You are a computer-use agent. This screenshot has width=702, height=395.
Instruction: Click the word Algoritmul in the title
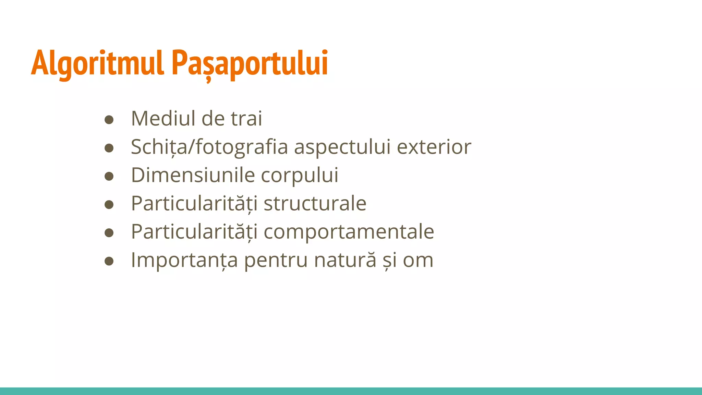97,63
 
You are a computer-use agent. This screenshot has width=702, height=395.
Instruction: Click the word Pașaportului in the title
250,63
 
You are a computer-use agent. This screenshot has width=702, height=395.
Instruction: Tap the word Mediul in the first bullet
163,119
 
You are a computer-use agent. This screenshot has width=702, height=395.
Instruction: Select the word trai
246,119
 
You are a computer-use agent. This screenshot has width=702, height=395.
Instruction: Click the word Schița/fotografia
209,147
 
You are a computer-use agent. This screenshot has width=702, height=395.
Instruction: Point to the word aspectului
342,147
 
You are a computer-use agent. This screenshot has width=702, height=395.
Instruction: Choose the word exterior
434,147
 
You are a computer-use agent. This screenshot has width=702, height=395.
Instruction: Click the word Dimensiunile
193,175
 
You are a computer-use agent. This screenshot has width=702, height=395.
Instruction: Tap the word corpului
300,176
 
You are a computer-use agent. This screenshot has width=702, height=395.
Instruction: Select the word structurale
315,203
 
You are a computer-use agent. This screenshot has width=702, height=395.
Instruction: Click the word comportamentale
349,232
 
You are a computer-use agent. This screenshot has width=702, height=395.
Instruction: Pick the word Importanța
184,260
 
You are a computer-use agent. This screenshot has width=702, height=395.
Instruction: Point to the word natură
345,260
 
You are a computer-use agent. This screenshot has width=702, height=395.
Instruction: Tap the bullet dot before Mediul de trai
109,120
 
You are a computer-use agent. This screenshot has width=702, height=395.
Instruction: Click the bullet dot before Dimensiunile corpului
109,176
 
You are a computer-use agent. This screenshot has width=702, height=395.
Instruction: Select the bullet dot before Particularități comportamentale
109,233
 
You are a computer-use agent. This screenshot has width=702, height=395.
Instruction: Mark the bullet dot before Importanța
109,261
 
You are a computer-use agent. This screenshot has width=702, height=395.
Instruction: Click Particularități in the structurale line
194,203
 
